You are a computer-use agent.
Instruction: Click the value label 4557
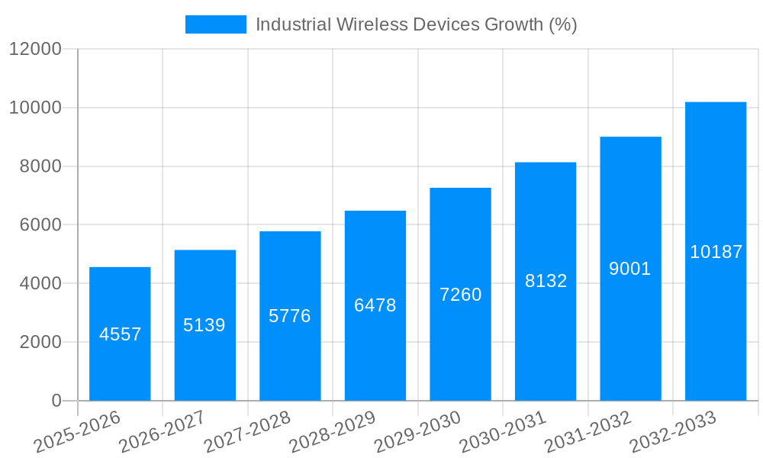121,334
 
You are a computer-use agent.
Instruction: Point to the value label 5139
204,325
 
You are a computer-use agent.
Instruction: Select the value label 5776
290,316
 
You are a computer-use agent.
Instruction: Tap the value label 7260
461,295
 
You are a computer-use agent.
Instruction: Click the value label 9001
630,269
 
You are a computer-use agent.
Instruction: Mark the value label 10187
716,252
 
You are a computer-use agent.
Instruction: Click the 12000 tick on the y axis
34,50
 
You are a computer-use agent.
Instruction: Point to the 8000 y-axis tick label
40,166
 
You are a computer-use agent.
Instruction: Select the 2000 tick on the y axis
40,343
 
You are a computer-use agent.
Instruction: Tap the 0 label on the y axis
56,401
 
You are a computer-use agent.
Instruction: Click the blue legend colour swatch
216,24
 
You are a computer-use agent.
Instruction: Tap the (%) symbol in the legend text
563,24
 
